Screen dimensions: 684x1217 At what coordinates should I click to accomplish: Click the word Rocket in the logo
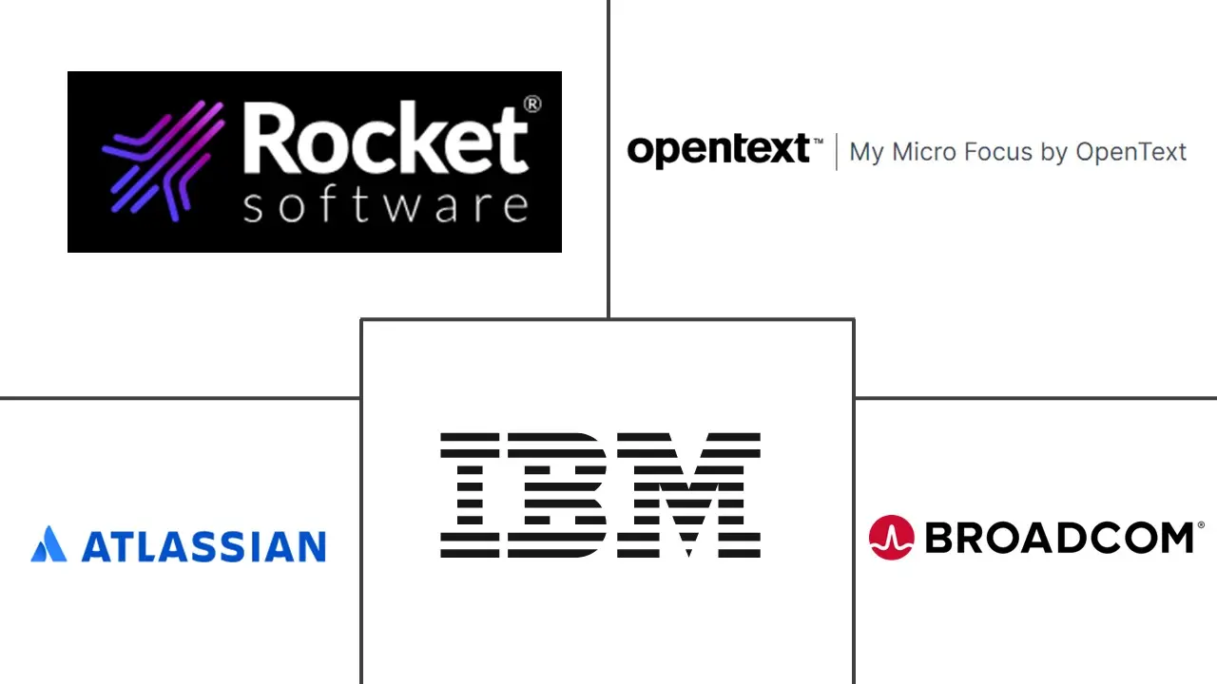[x=385, y=141]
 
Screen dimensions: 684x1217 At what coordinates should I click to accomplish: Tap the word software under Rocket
[x=385, y=205]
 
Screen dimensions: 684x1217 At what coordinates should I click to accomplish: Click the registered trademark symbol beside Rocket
[x=532, y=104]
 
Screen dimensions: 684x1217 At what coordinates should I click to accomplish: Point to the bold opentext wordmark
[x=718, y=151]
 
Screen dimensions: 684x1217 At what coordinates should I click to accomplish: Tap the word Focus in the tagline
[x=998, y=151]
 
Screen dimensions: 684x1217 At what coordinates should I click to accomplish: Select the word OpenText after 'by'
[x=1131, y=151]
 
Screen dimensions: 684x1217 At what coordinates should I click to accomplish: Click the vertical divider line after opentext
[x=837, y=152]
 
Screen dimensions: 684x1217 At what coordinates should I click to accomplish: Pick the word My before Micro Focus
[x=866, y=152]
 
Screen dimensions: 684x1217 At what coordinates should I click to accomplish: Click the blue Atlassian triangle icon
[x=49, y=544]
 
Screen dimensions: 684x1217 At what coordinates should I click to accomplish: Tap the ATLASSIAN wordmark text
[x=203, y=546]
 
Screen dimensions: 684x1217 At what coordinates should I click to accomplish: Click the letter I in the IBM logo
[x=470, y=495]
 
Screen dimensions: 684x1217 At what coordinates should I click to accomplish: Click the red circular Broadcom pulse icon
[x=891, y=538]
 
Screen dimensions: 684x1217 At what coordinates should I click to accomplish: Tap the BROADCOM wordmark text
[x=1059, y=539]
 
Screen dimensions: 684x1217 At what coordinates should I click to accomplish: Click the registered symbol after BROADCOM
[x=1201, y=524]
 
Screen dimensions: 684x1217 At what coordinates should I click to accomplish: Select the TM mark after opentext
[x=818, y=140]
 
